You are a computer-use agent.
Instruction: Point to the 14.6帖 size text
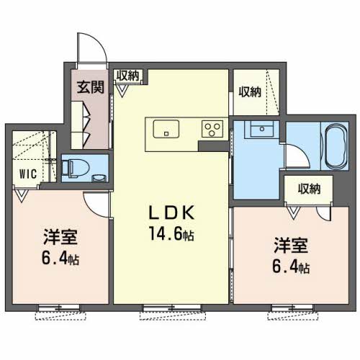(172, 234)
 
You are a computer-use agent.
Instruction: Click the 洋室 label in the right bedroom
(289, 243)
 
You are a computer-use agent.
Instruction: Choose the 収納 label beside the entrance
(129, 76)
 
